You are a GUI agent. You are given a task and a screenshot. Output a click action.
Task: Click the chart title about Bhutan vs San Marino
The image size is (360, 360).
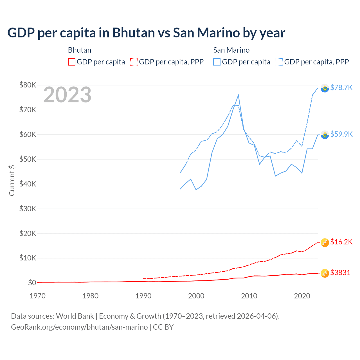point(146,33)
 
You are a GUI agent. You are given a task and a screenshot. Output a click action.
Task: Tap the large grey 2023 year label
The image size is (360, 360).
point(67,95)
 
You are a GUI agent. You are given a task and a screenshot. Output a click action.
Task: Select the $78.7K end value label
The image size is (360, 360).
point(341,87)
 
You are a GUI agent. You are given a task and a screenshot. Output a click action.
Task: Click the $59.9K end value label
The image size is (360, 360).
point(341,134)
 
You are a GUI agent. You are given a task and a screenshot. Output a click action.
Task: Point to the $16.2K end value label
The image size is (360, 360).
point(341,242)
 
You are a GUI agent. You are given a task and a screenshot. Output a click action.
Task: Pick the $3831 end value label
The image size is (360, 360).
point(340,273)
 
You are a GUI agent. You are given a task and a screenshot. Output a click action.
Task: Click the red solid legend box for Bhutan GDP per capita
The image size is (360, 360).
point(72,62)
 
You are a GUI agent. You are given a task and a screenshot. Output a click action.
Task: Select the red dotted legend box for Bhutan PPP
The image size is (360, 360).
point(134,62)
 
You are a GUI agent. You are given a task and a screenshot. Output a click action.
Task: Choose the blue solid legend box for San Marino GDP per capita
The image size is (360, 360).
point(217,62)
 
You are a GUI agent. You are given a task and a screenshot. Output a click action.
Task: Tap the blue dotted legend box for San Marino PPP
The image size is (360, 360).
point(279,62)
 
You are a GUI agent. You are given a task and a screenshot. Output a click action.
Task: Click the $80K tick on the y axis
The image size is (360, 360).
point(28,85)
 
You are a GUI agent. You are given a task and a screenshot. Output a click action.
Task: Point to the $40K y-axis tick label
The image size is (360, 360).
point(28,184)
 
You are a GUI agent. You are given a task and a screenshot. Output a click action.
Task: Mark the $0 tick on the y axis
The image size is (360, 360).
point(32,283)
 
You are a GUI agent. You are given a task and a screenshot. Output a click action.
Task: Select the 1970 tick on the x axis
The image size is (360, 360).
point(37,296)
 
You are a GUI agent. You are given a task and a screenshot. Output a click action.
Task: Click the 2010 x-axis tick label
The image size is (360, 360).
point(249,296)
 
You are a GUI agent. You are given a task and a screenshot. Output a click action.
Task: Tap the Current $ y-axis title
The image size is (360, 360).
point(12,180)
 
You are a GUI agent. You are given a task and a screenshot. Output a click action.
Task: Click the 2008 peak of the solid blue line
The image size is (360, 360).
point(238,95)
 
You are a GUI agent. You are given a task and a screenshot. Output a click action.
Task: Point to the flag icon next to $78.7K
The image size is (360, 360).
point(325,88)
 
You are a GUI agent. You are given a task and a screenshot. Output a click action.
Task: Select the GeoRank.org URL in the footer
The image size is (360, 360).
point(79,327)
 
